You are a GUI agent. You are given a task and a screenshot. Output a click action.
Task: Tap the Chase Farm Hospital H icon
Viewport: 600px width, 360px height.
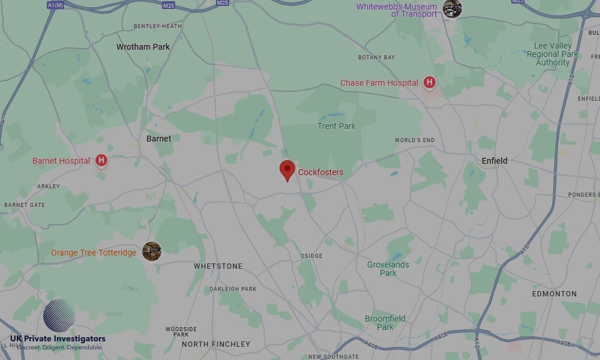tap(429, 83)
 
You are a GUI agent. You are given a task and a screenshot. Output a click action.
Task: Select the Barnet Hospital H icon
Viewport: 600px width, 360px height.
tap(101, 161)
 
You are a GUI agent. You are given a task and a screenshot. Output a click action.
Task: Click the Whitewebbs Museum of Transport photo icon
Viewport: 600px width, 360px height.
tap(452, 8)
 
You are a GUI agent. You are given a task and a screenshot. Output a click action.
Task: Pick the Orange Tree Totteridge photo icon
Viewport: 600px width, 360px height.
tap(151, 251)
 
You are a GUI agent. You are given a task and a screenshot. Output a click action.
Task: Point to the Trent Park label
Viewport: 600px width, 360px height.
tap(336, 126)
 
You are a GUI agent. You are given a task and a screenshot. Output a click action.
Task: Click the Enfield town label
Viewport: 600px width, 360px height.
tap(494, 161)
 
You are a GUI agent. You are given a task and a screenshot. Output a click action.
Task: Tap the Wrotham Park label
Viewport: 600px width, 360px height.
tap(143, 47)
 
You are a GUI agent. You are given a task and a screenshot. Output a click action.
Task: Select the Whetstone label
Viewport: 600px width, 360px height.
tap(218, 266)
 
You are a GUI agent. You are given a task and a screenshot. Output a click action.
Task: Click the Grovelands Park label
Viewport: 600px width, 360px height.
tap(388, 269)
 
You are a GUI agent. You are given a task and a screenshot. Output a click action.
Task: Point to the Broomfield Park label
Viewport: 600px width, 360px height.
tap(385, 323)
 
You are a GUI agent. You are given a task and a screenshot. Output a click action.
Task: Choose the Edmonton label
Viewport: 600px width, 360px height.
tap(554, 294)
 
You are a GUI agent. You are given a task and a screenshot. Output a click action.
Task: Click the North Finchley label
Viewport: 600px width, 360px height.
tap(215, 344)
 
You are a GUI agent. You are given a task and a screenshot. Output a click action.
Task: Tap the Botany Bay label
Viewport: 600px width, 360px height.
tap(376, 58)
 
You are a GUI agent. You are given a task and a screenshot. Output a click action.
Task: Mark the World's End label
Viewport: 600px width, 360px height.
tap(414, 140)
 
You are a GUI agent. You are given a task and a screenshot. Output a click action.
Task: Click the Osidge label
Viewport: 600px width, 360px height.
tap(311, 256)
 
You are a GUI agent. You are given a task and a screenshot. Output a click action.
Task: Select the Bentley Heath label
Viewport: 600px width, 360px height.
tap(157, 26)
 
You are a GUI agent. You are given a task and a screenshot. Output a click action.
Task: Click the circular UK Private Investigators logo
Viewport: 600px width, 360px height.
tap(59, 316)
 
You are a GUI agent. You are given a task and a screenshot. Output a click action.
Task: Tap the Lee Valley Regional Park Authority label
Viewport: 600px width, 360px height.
tap(552, 54)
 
